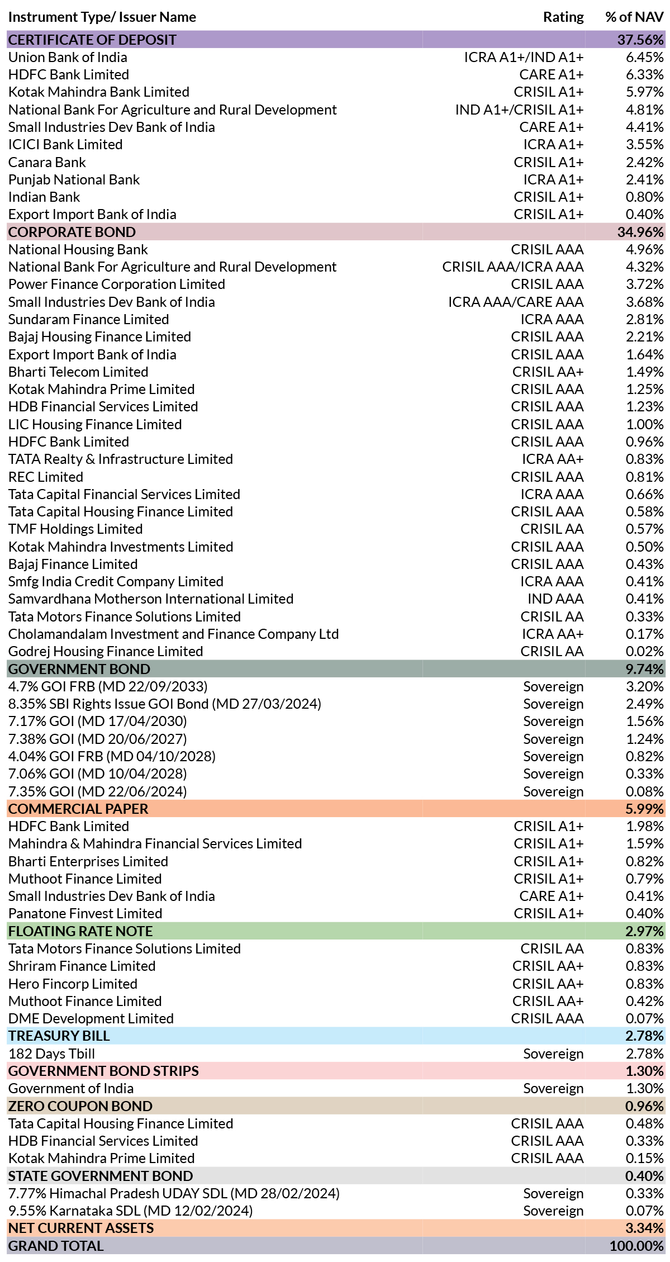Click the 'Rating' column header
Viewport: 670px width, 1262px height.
(x=563, y=17)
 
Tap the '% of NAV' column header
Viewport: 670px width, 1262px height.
(x=634, y=17)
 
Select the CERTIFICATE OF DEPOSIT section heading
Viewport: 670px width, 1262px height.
(x=92, y=40)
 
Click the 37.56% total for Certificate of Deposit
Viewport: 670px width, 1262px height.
(x=640, y=40)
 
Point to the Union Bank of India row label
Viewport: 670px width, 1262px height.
(x=68, y=57)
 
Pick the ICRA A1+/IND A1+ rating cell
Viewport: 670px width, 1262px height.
(x=524, y=57)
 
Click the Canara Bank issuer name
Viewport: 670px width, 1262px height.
(x=47, y=162)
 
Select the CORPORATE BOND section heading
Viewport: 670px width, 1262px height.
(x=72, y=232)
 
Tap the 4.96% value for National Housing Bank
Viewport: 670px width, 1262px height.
(x=645, y=249)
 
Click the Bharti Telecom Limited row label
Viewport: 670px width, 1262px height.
(x=78, y=372)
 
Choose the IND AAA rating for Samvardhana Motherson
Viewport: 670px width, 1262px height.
(x=555, y=599)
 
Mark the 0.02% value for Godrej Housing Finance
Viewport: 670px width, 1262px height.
(x=645, y=651)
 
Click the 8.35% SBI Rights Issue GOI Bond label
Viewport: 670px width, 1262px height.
(x=165, y=704)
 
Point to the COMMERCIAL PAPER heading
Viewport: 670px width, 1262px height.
(x=78, y=809)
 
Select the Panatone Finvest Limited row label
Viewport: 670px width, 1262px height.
(x=85, y=913)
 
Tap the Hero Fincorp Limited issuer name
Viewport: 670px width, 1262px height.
(x=73, y=984)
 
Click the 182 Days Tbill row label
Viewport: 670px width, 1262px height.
(x=51, y=1054)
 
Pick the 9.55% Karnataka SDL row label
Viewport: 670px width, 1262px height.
(x=130, y=1211)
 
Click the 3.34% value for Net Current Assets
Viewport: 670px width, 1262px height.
(x=644, y=1228)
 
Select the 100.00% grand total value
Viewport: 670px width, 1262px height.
(x=636, y=1246)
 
